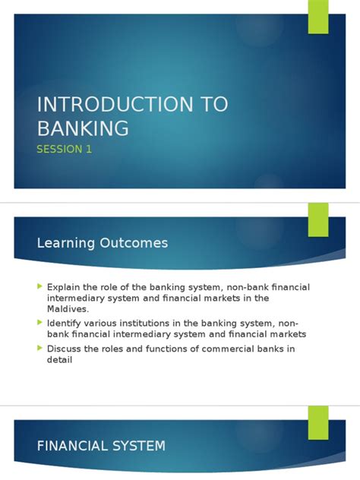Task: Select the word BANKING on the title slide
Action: click(x=83, y=128)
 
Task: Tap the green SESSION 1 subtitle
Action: click(x=65, y=149)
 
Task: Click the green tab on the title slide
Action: click(x=317, y=17)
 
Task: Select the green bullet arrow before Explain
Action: click(x=39, y=286)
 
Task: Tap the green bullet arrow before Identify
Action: click(x=39, y=323)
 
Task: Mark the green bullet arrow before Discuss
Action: click(x=39, y=349)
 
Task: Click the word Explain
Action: click(x=64, y=286)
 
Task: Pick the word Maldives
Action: click(x=68, y=309)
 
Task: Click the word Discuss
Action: click(x=65, y=349)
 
